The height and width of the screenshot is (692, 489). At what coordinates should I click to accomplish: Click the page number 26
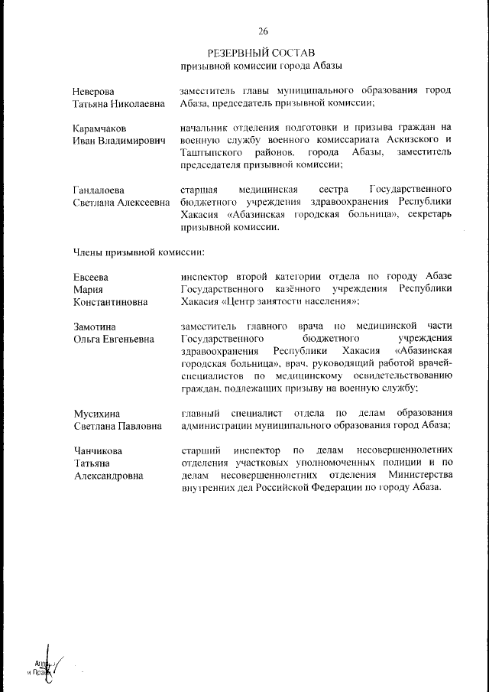[263, 31]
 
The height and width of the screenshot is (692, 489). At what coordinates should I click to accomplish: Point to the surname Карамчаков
[100, 128]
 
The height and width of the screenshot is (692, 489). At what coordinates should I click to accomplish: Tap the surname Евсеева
[91, 276]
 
